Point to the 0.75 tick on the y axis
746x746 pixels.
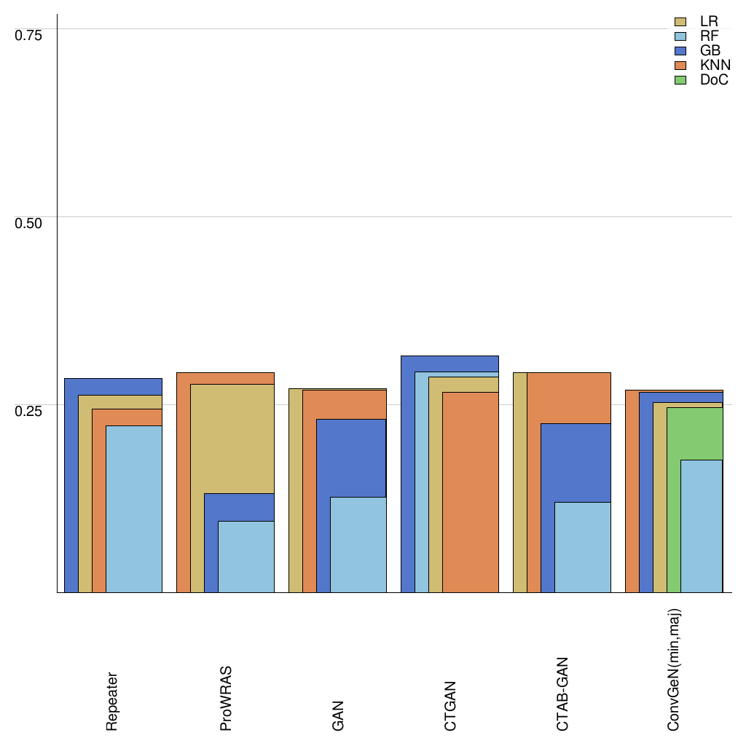(29, 34)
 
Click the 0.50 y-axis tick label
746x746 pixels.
(29, 222)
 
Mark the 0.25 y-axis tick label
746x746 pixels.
(29, 410)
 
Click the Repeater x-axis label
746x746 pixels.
(112, 702)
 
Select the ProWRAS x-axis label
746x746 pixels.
(226, 698)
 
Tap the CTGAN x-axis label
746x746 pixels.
(450, 705)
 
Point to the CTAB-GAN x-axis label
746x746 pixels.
(562, 694)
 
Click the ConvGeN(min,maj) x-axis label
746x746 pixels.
(675, 669)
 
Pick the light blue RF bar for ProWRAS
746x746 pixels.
(246, 557)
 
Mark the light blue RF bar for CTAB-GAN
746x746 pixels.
(583, 547)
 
